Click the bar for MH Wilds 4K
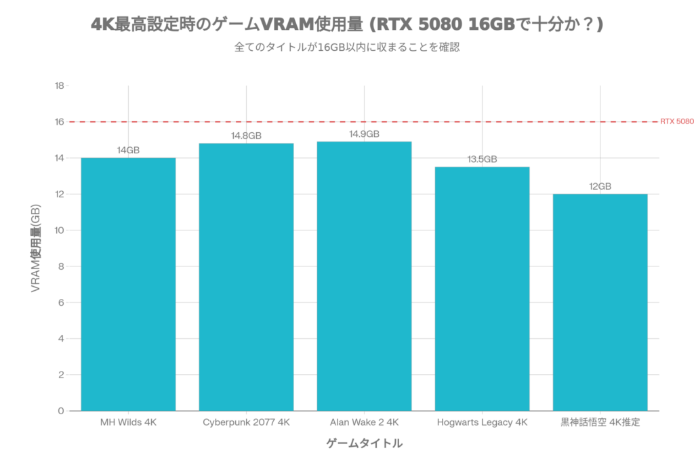(128, 284)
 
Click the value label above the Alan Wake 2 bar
(364, 134)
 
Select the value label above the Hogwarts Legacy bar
(482, 159)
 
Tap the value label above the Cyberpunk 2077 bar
(246, 136)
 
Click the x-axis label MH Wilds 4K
(128, 422)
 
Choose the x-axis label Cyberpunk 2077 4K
(246, 422)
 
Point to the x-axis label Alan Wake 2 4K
(364, 422)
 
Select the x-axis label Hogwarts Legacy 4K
(482, 422)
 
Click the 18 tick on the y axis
(59, 86)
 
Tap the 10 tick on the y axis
(59, 230)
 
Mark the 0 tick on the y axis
(60, 411)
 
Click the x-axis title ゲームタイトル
(364, 444)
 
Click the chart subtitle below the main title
(346, 48)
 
